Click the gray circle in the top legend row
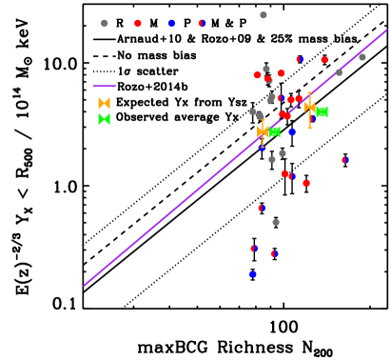point(105,23)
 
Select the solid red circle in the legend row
point(138,23)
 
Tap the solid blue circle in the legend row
point(171,23)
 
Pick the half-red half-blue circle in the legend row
point(203,23)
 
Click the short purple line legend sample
point(105,86)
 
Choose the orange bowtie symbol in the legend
point(105,103)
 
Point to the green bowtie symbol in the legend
point(105,120)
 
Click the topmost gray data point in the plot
point(264,15)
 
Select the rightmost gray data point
point(362,57)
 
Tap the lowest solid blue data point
point(253,274)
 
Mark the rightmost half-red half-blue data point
point(345,160)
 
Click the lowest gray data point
point(276,222)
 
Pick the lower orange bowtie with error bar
point(263,131)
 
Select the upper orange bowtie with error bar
point(309,107)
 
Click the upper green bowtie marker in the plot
point(322,112)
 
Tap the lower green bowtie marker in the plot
point(275,131)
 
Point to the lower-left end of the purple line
point(84,286)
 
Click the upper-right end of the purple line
point(386,30)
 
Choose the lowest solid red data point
point(306,183)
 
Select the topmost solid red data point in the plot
point(324,60)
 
